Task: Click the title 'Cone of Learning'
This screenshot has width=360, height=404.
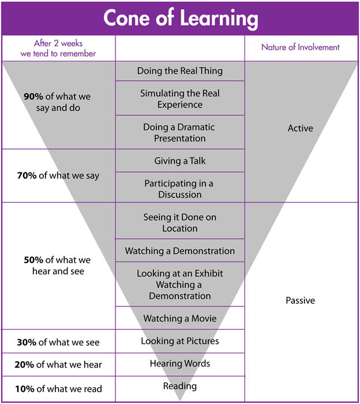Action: [x=180, y=18]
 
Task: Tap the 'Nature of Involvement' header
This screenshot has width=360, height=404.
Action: [x=300, y=47]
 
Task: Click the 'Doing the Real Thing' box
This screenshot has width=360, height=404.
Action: [x=180, y=71]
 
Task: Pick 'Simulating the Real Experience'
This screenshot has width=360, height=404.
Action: [x=180, y=99]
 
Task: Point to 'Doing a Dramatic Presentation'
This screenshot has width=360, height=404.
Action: [x=180, y=132]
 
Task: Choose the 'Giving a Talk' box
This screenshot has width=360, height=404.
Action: [x=180, y=160]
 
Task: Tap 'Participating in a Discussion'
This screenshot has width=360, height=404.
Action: [x=180, y=189]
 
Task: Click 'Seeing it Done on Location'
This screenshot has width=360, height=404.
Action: [x=180, y=222]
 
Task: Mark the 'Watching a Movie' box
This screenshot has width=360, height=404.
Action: [x=180, y=318]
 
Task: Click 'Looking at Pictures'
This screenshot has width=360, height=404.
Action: [x=180, y=341]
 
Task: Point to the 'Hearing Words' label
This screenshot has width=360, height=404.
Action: [x=180, y=364]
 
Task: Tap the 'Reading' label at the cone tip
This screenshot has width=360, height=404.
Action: [x=180, y=386]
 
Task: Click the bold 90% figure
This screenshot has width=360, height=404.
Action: [x=33, y=97]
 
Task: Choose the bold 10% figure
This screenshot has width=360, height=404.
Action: [x=25, y=388]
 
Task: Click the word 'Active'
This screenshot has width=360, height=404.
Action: [x=300, y=128]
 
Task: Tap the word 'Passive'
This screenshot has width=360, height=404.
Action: [x=300, y=301]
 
